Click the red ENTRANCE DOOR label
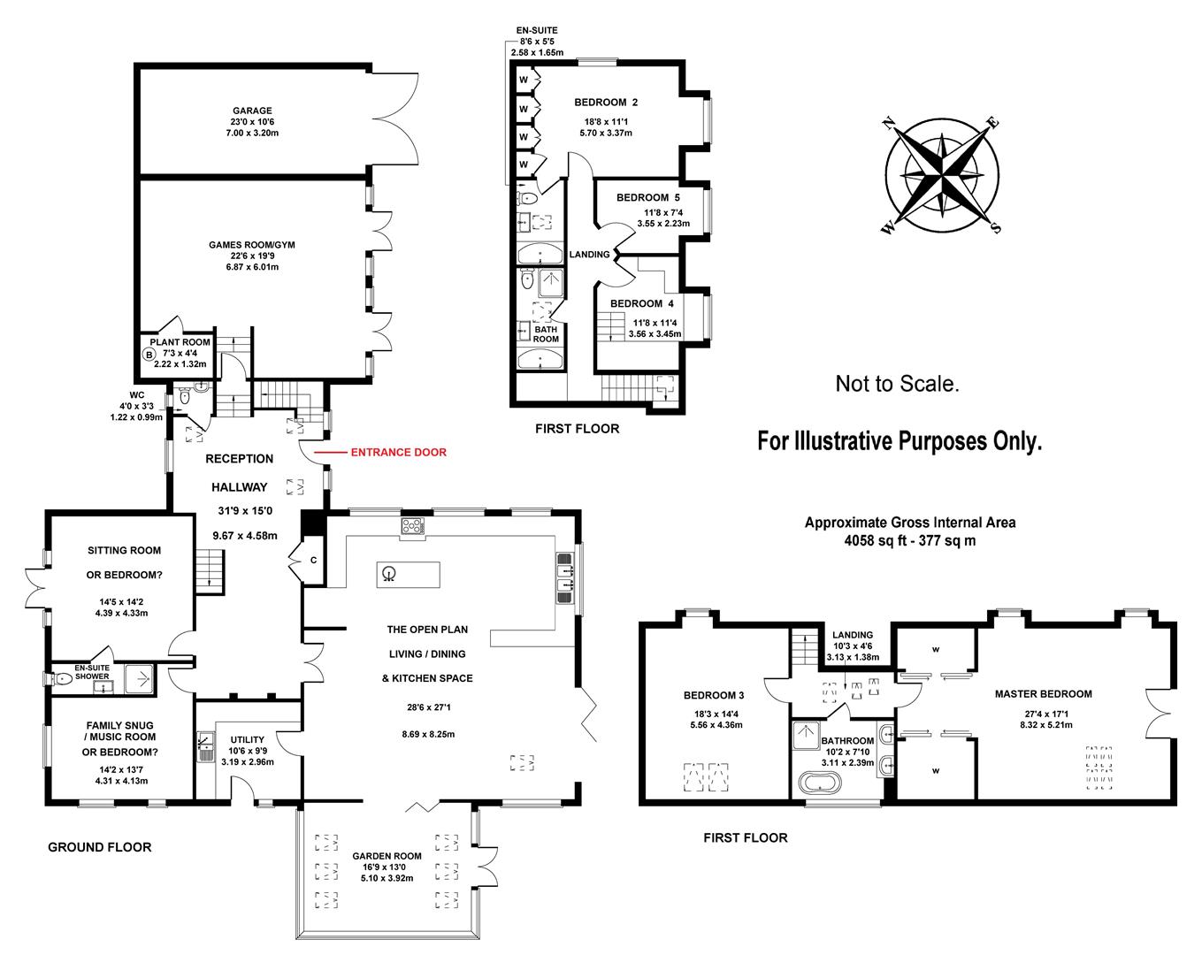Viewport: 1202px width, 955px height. coord(398,452)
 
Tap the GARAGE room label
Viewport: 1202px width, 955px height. coord(253,111)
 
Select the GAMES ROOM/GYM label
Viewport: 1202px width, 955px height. coord(253,244)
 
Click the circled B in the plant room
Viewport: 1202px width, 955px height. coord(148,355)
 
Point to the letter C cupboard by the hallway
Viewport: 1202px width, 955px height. coord(312,560)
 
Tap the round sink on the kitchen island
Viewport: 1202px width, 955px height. coord(388,575)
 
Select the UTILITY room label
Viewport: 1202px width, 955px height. coord(247,740)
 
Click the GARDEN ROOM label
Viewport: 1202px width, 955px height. coord(387,856)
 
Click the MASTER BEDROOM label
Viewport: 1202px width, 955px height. coord(1043,694)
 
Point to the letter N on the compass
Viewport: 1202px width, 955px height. coord(891,123)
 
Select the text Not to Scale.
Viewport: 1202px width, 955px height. coord(897,385)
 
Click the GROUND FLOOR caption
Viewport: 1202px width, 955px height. coord(99,847)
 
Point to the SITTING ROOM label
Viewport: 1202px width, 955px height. coord(124,550)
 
